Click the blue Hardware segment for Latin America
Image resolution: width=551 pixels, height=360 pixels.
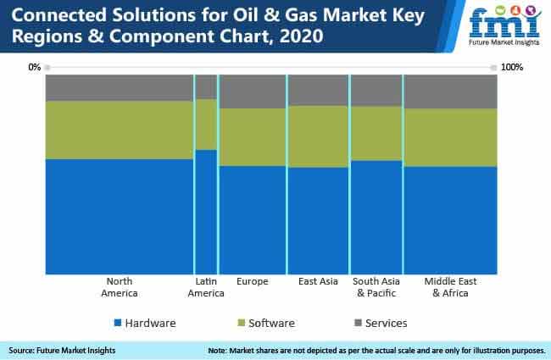point(206,212)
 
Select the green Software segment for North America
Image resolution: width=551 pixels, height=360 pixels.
point(120,130)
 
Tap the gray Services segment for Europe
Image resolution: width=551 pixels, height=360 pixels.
point(253,91)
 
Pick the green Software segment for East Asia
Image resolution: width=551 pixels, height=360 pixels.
point(319,136)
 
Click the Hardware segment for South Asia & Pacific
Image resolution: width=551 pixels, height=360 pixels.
point(376,218)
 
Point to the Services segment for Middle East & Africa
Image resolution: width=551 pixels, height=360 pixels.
point(451,91)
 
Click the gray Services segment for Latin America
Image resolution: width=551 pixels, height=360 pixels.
point(206,86)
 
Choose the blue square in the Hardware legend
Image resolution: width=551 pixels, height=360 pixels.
point(118,323)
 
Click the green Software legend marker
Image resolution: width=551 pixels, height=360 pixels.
point(241,323)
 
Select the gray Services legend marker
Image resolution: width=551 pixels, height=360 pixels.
point(358,323)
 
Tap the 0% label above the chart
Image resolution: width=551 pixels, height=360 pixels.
point(35,67)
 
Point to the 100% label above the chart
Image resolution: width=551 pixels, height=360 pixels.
point(512,67)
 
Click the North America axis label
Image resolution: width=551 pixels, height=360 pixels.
point(120,287)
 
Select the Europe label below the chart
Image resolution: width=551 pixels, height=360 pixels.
point(253,281)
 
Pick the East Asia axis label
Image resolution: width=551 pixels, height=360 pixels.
point(318,281)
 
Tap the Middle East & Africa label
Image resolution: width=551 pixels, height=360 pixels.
point(450,287)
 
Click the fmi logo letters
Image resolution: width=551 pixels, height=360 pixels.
point(504,23)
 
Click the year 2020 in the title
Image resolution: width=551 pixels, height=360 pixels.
point(301,36)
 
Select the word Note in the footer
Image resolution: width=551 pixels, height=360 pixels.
point(217,351)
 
